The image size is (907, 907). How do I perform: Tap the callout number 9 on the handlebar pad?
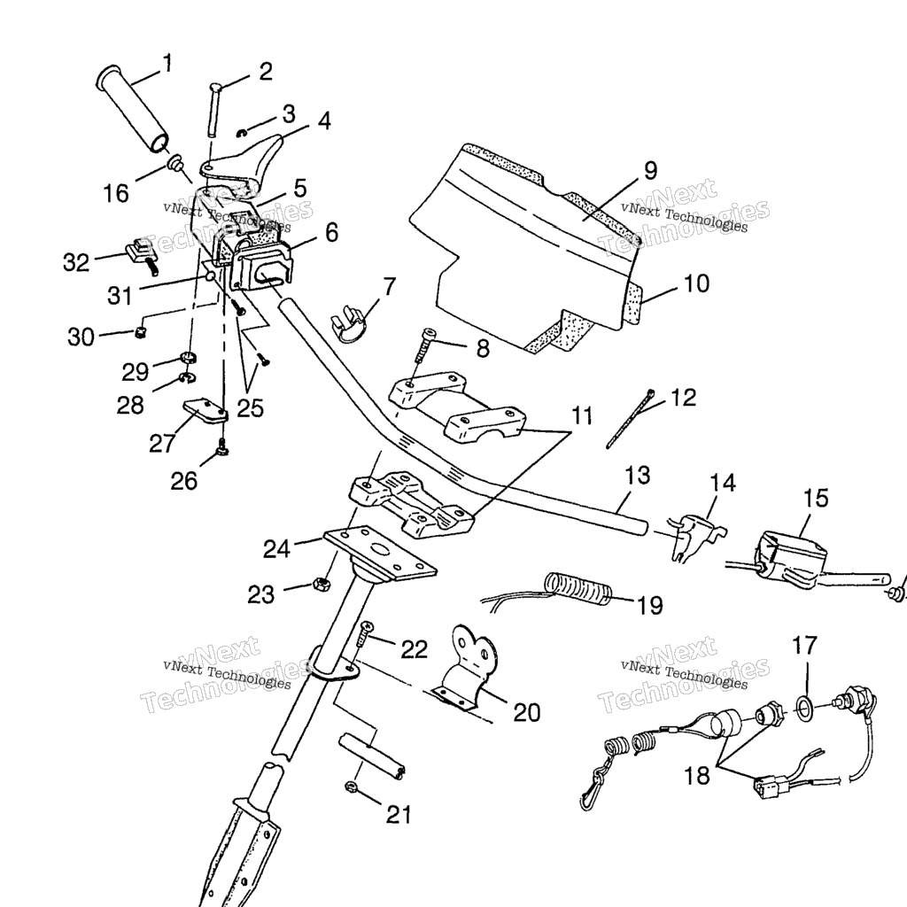tap(649, 168)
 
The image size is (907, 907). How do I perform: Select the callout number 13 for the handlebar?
tap(637, 476)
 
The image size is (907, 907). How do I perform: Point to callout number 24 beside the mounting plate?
tap(277, 549)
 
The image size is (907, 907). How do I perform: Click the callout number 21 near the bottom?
tap(399, 813)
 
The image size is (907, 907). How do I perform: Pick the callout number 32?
tap(76, 261)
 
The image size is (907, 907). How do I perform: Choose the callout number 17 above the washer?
tap(805, 646)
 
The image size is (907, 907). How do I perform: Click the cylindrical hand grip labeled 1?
tap(133, 107)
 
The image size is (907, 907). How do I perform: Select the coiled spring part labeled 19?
tap(577, 588)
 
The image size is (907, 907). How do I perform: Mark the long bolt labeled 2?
tap(213, 111)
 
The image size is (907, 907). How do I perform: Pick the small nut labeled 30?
tap(139, 332)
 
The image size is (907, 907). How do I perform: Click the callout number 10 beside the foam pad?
tap(696, 284)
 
